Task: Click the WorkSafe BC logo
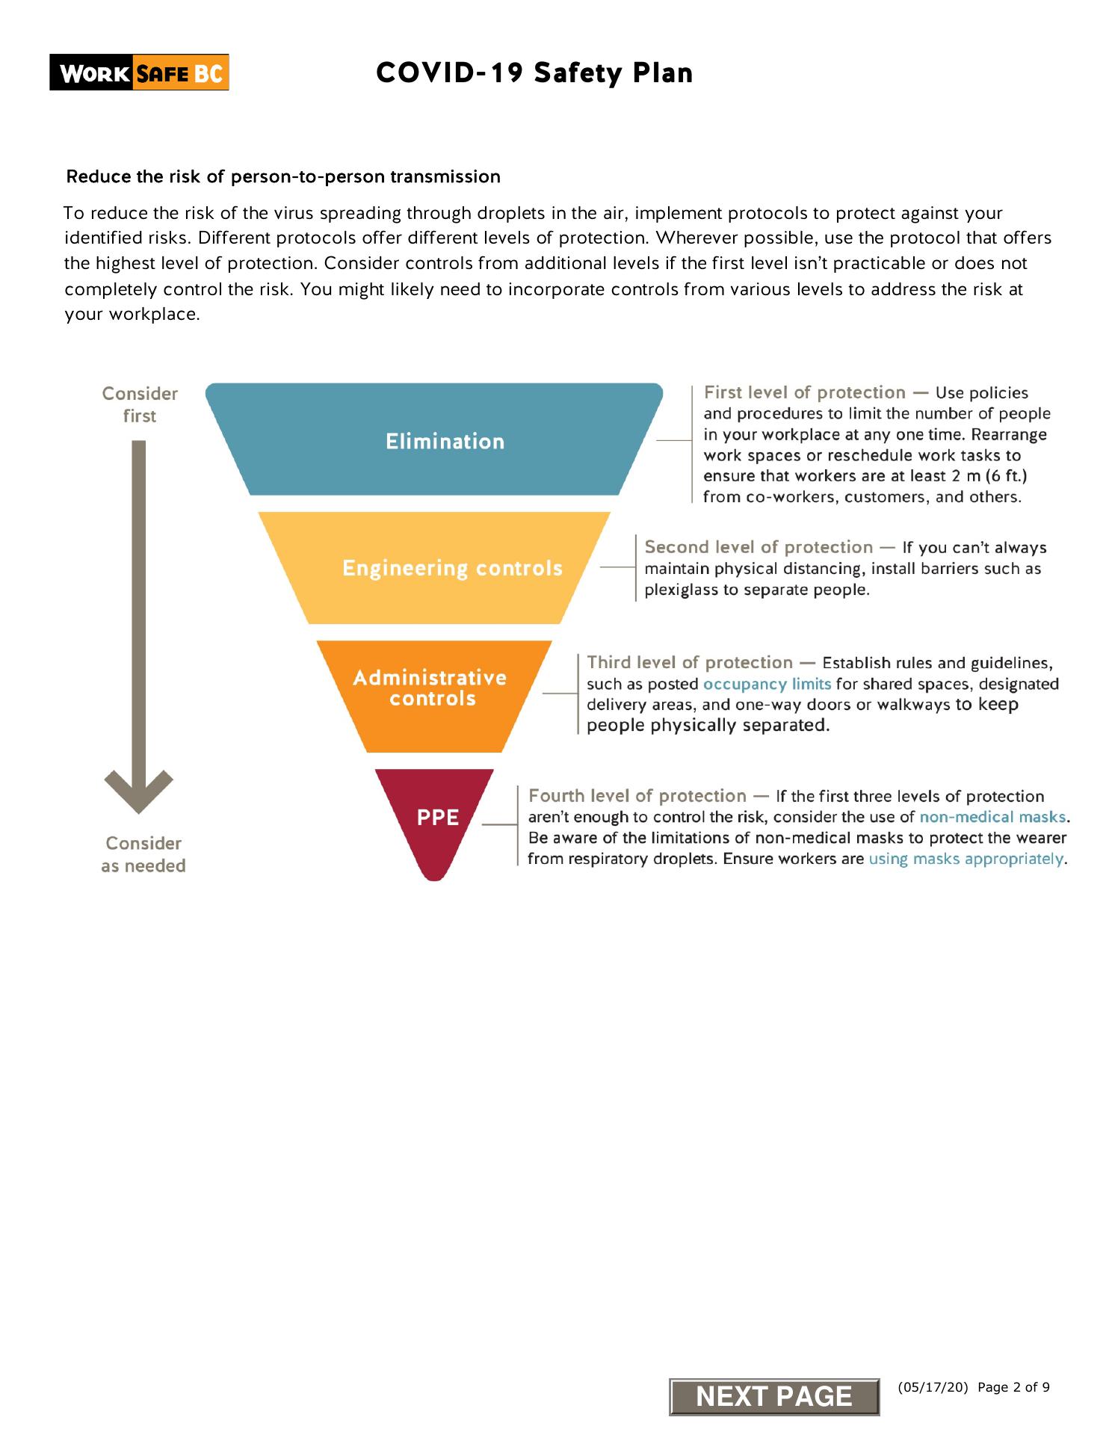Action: [x=139, y=73]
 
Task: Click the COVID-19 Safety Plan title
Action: [x=534, y=73]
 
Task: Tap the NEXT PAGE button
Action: [x=773, y=1396]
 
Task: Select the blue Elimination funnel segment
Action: [x=434, y=440]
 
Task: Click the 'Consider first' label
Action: [x=140, y=404]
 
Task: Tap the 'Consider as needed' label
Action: [x=143, y=854]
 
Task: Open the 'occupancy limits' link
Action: [x=767, y=684]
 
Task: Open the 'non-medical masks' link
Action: [x=992, y=817]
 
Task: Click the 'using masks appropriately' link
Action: [x=966, y=859]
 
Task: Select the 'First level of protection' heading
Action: [x=804, y=392]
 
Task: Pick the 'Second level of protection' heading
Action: [x=758, y=547]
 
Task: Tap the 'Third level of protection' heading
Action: [x=689, y=662]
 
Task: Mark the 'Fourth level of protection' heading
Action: [x=637, y=796]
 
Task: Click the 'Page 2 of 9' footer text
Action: [x=1013, y=1387]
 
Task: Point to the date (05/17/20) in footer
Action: [x=932, y=1387]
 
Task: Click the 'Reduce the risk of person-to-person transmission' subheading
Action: [x=283, y=177]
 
